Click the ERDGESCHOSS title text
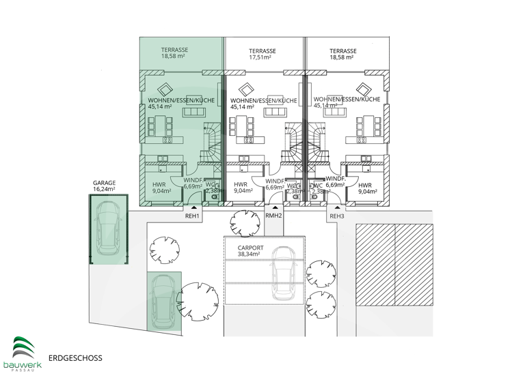[x=75, y=357]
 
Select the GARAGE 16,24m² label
[x=105, y=186]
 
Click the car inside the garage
[x=108, y=228]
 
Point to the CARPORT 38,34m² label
[x=251, y=250]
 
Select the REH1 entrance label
[x=193, y=216]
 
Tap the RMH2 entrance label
[x=273, y=216]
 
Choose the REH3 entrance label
[x=337, y=216]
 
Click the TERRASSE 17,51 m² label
[x=262, y=55]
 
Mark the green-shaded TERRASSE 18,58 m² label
[x=175, y=54]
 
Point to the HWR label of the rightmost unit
[x=365, y=188]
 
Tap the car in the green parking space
[x=163, y=300]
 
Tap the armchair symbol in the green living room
[x=164, y=88]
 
